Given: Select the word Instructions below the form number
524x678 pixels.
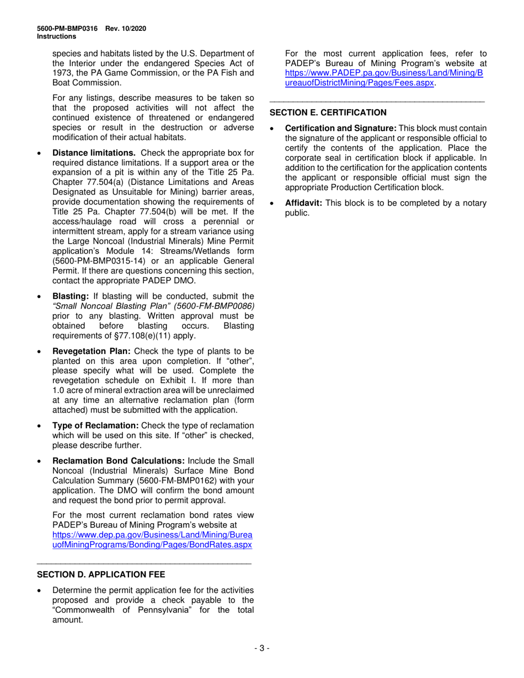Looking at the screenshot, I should (x=56, y=36).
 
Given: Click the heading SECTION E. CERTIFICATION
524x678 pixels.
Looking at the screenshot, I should (x=328, y=112).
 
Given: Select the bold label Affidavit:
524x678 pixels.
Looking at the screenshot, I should (x=303, y=203).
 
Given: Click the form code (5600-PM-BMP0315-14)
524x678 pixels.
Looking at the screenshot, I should (x=93, y=261).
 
